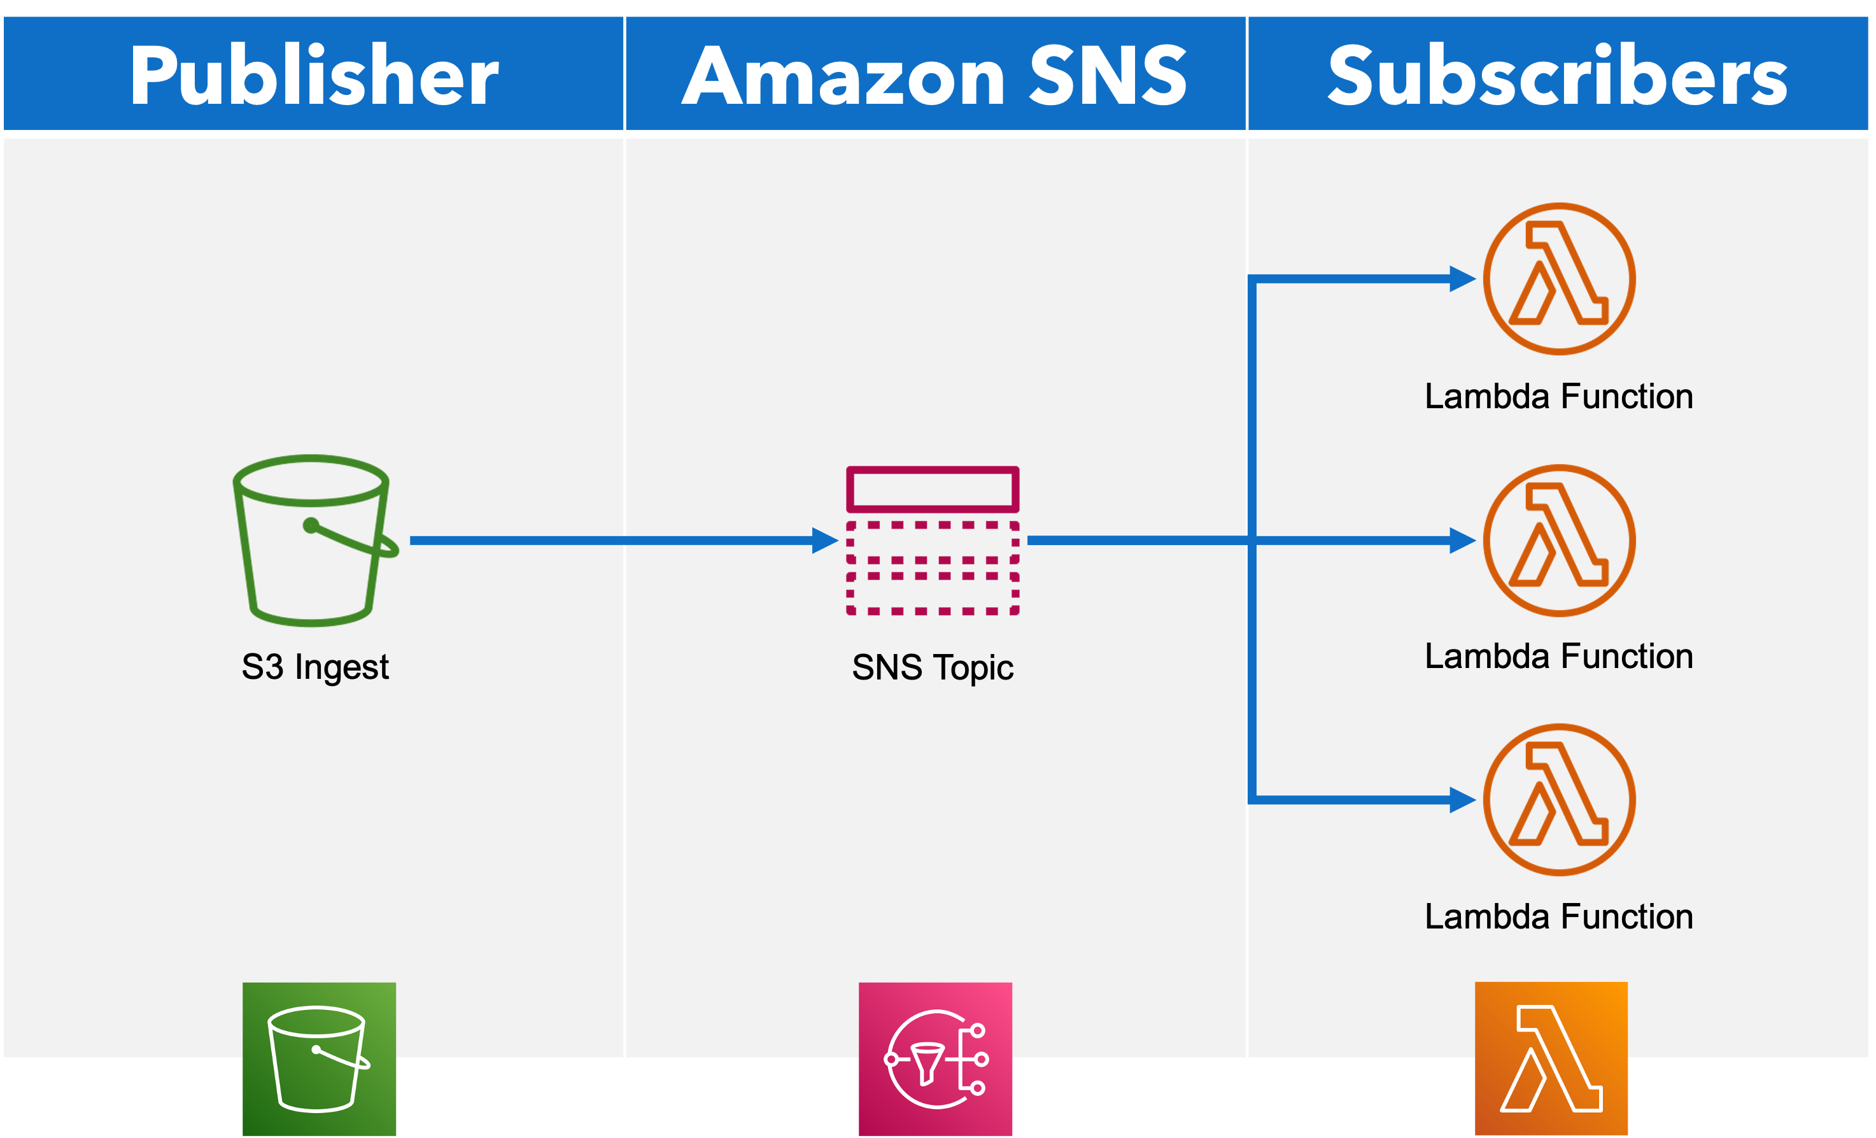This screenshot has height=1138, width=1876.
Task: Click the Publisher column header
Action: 314,75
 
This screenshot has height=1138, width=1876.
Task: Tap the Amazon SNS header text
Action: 934,75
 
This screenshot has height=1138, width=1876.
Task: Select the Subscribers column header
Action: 1557,75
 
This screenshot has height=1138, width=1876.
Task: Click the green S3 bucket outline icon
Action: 312,541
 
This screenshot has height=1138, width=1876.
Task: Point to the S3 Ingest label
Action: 314,667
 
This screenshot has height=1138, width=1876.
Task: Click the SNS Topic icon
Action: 933,541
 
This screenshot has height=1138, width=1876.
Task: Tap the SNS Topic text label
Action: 933,667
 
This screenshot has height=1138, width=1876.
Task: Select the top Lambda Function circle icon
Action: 1558,279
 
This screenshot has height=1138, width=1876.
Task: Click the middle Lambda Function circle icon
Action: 1558,540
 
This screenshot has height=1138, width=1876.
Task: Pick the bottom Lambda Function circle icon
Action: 1558,799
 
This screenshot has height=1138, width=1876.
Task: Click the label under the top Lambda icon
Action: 1558,397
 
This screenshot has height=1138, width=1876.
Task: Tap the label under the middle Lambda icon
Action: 1558,657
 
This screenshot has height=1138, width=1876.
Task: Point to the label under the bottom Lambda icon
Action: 1558,916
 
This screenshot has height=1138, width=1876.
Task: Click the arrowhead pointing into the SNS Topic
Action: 824,541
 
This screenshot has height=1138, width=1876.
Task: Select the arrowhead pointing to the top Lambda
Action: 1462,279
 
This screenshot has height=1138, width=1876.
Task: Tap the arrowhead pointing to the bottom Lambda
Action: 1462,800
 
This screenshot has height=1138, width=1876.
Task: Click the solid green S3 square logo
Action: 319,1059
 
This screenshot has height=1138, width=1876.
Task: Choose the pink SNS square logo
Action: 935,1059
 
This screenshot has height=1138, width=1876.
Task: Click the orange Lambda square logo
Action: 1551,1059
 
